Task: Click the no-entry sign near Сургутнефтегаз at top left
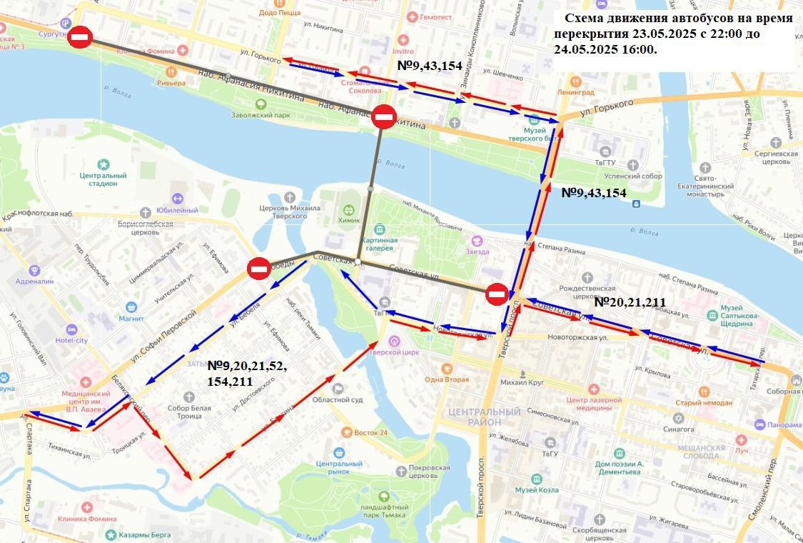coord(79,38)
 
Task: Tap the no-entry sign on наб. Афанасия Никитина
coord(383,116)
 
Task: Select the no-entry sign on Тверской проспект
coord(497,294)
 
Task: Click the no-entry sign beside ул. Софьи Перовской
coord(258,269)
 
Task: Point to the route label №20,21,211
coord(630,302)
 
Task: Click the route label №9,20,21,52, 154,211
coord(247,372)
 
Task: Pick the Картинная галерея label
coord(387,244)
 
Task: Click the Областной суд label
coord(338,399)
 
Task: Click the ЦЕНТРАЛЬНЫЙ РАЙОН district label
coord(484,417)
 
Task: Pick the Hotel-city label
coord(87,340)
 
